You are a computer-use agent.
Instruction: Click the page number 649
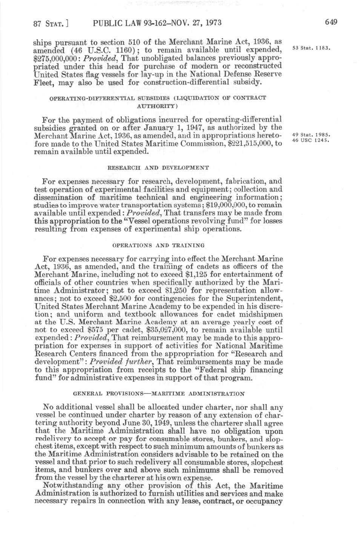click(331, 22)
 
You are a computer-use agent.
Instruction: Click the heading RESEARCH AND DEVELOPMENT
click(158, 167)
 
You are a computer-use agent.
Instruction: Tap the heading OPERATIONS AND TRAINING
click(158, 245)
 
